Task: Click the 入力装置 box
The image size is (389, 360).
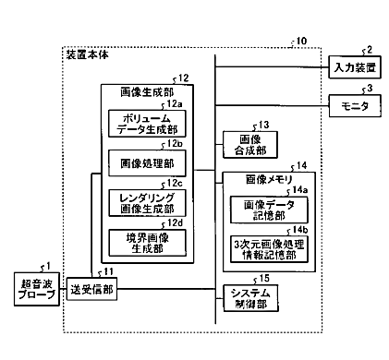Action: click(x=355, y=67)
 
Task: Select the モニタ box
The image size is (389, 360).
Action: click(x=355, y=106)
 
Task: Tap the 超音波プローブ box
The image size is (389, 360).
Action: click(x=37, y=289)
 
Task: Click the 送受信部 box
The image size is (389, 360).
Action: click(x=91, y=289)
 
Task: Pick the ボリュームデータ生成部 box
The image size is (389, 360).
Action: click(x=147, y=124)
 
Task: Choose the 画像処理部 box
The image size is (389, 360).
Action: click(x=147, y=163)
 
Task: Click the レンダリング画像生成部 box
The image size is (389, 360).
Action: click(x=147, y=203)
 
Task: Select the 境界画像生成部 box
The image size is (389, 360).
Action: click(x=148, y=243)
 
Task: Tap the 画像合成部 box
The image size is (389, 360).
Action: click(x=250, y=145)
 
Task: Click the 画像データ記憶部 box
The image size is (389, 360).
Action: click(x=269, y=210)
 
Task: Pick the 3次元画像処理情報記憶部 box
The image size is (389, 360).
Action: click(x=269, y=249)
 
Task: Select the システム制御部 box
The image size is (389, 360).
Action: click(x=250, y=298)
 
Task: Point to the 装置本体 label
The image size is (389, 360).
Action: click(x=88, y=55)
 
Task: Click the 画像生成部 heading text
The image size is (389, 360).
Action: click(x=147, y=92)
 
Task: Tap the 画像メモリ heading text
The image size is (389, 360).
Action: click(x=269, y=179)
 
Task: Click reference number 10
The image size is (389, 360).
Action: click(x=301, y=41)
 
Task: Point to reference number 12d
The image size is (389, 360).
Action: click(x=175, y=222)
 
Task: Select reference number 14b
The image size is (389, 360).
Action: click(x=300, y=229)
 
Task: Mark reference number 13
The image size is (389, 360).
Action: click(x=263, y=125)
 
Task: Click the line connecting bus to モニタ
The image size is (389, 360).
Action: click(x=272, y=105)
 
